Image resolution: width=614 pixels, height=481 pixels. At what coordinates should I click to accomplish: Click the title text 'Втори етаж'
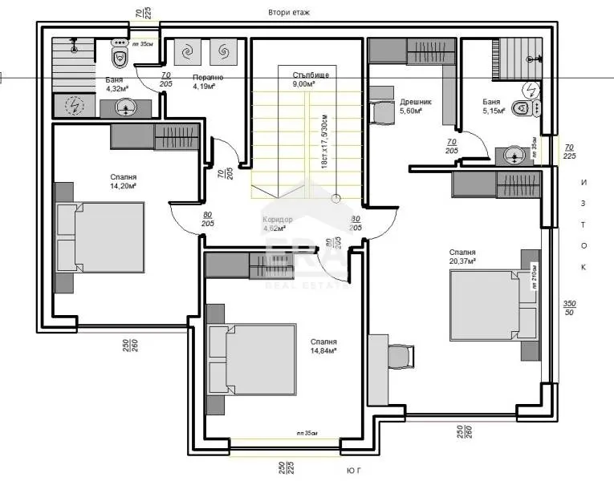point(289,13)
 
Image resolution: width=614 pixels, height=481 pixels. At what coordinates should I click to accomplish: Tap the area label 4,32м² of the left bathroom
point(116,89)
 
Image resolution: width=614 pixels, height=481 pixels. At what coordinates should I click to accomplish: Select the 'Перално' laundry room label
point(207,78)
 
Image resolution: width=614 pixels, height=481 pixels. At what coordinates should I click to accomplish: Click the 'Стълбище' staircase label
point(305,75)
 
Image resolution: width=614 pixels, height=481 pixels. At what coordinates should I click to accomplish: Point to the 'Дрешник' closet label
point(416,102)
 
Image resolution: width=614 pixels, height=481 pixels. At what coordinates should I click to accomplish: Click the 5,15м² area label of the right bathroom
point(494,111)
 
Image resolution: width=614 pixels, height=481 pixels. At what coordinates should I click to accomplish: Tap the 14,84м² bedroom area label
point(323,350)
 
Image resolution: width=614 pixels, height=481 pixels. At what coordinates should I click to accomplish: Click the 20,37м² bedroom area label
point(462,261)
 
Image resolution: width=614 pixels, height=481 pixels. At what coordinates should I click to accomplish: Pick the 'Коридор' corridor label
point(279,220)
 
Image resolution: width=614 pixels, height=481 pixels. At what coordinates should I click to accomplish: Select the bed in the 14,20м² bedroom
point(100,238)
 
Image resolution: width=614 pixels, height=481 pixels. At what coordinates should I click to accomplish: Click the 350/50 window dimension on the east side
point(570,309)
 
